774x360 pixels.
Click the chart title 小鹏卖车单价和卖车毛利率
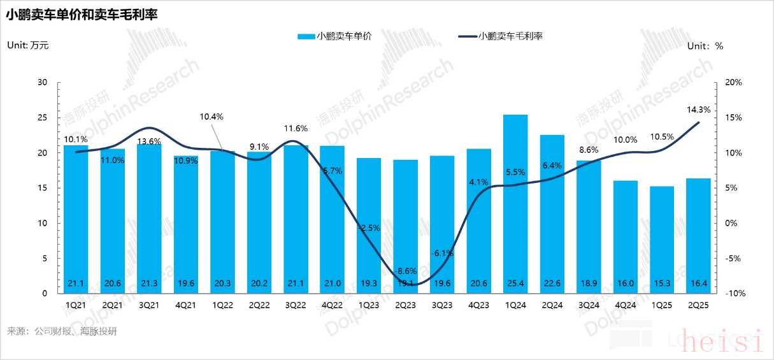82,14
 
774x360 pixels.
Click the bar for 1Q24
515,204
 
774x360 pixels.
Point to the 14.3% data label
699,110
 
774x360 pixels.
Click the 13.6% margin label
149,141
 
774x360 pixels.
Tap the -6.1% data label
441,253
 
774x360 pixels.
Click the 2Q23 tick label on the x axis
405,305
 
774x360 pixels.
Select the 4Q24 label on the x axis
626,305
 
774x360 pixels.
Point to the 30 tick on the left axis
43,83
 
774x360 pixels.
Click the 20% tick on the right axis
733,83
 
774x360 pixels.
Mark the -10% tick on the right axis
733,294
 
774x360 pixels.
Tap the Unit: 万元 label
27,45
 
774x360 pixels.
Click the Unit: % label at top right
705,46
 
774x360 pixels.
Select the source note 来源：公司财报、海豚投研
62,332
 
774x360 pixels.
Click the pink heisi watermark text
721,342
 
